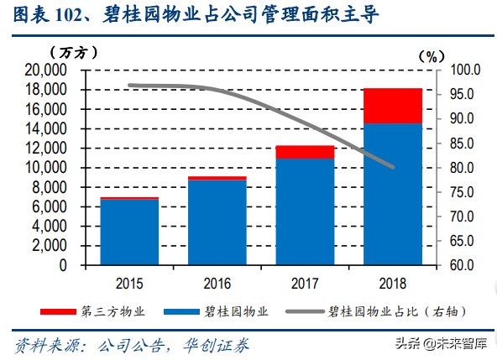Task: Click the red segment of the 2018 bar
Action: click(393, 106)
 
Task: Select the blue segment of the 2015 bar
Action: click(129, 232)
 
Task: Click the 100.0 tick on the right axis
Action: click(463, 70)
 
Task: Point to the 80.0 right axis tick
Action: click(463, 168)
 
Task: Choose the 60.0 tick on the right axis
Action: click(463, 265)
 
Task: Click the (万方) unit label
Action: click(76, 52)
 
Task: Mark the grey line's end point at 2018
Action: click(393, 167)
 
